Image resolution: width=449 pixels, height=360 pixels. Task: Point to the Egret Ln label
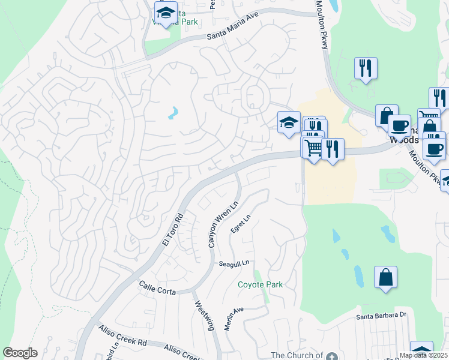coord(240,223)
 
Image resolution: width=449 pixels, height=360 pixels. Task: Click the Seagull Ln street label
coord(234,263)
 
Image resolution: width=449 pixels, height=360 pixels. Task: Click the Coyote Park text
coord(260,284)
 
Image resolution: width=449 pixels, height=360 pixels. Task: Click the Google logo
coord(20,353)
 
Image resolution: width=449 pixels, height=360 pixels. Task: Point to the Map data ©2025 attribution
coord(423,355)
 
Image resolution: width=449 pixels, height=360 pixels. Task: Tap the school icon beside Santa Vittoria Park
coord(166,11)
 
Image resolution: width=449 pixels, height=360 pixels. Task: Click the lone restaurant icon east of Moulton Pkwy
coord(366,67)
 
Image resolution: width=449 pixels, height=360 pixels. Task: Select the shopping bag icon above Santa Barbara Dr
coord(385,277)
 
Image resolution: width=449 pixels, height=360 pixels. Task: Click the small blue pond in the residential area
coord(173,112)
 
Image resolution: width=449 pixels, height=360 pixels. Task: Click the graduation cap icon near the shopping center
coord(289,122)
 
